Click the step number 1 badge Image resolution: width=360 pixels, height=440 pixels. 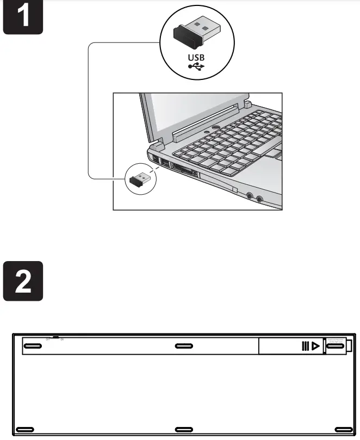23,18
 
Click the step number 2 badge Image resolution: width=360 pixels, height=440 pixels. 23,281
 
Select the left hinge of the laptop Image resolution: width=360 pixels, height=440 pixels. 157,145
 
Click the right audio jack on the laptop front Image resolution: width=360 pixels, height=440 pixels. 259,199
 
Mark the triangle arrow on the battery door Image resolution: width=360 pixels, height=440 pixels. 315,346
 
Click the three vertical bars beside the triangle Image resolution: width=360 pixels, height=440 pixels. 306,346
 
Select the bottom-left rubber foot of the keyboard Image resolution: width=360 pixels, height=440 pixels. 26,429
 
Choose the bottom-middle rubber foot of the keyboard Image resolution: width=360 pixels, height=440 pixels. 184,429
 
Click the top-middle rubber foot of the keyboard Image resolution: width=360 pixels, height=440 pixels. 184,346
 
